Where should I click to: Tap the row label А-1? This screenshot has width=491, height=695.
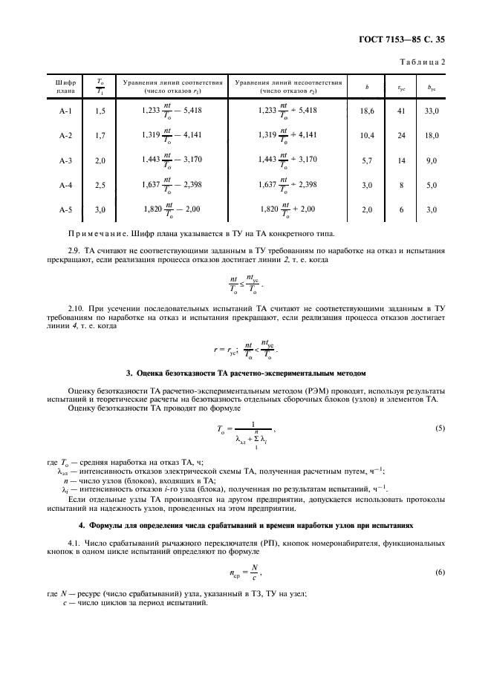(x=65, y=110)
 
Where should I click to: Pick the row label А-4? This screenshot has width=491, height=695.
(x=65, y=185)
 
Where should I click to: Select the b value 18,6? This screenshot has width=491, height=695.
(x=366, y=110)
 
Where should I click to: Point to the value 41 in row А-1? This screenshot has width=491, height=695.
(x=401, y=110)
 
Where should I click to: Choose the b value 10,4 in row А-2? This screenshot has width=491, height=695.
(x=366, y=135)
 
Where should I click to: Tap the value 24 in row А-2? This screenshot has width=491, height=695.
(x=401, y=135)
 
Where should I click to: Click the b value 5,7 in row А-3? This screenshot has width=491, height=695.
(x=366, y=160)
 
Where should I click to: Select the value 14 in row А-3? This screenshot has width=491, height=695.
(x=401, y=160)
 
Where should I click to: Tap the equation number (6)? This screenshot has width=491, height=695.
(x=440, y=572)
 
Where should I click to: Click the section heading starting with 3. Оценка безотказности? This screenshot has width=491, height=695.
(x=245, y=371)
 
